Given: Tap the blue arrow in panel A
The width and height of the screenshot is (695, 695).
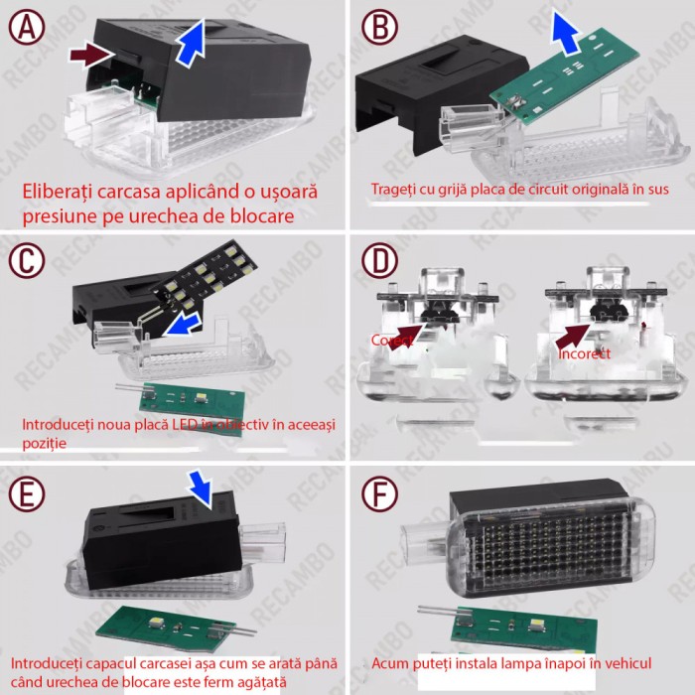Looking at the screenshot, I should click(193, 43).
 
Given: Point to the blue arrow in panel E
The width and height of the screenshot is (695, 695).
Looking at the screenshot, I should click(203, 486).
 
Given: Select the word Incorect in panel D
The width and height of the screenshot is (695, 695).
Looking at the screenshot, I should click(585, 352).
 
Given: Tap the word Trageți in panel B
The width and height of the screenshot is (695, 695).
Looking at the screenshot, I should click(395, 189).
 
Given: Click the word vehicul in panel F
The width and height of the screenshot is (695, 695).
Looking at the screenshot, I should click(625, 662).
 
